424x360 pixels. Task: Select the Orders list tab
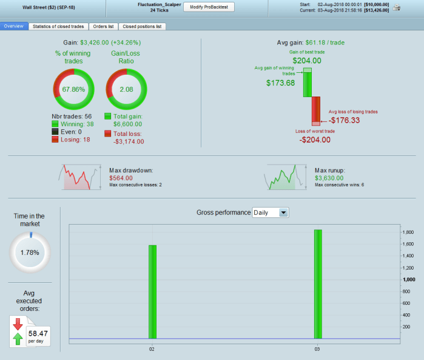(103, 27)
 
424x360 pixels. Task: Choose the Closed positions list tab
(142, 27)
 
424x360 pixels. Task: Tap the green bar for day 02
(152, 291)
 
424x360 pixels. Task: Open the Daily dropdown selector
(271, 212)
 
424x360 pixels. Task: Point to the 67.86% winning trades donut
(73, 89)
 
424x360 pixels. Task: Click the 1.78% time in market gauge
(30, 253)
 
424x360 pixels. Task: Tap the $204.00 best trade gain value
(308, 61)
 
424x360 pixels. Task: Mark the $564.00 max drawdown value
(120, 178)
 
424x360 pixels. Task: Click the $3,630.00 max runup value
(329, 178)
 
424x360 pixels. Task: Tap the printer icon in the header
(396, 7)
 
